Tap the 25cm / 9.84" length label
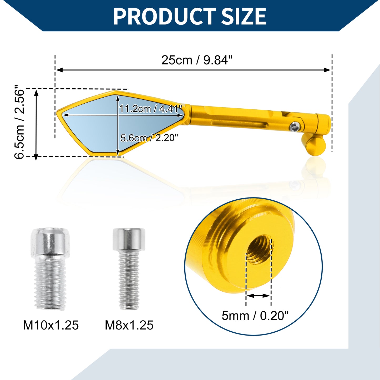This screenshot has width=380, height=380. pyautogui.click(x=197, y=60)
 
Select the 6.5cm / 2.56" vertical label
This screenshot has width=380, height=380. pyautogui.click(x=19, y=122)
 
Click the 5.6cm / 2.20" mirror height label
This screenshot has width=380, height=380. pyautogui.click(x=149, y=138)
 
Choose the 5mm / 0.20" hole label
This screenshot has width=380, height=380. pyautogui.click(x=255, y=316)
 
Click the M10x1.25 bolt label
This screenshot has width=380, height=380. pyautogui.click(x=51, y=325)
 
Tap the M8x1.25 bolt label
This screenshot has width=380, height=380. pyautogui.click(x=129, y=325)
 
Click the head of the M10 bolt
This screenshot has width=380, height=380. pyautogui.click(x=51, y=243)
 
